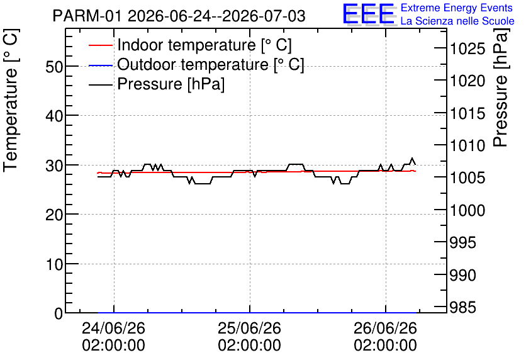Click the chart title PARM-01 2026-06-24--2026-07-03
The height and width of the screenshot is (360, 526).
click(179, 16)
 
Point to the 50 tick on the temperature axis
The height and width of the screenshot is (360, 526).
click(54, 67)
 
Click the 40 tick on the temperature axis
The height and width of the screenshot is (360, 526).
click(54, 116)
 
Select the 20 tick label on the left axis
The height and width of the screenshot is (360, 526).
click(54, 215)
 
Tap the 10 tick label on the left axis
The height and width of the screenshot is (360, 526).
click(54, 265)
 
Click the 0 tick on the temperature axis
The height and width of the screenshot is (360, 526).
click(59, 313)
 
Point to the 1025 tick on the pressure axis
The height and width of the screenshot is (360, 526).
click(467, 49)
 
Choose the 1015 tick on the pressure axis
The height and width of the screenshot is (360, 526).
click(467, 114)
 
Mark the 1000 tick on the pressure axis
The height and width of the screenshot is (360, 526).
click(467, 211)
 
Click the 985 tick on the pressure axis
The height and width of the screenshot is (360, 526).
click(462, 307)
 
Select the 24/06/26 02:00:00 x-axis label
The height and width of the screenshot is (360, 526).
click(113, 337)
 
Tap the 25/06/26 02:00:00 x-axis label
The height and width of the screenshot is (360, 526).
click(249, 337)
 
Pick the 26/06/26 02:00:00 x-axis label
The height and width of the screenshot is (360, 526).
click(385, 337)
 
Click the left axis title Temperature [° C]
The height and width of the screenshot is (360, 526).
click(11, 100)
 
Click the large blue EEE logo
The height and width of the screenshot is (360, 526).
click(368, 14)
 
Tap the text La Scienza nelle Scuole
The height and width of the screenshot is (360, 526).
click(457, 21)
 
